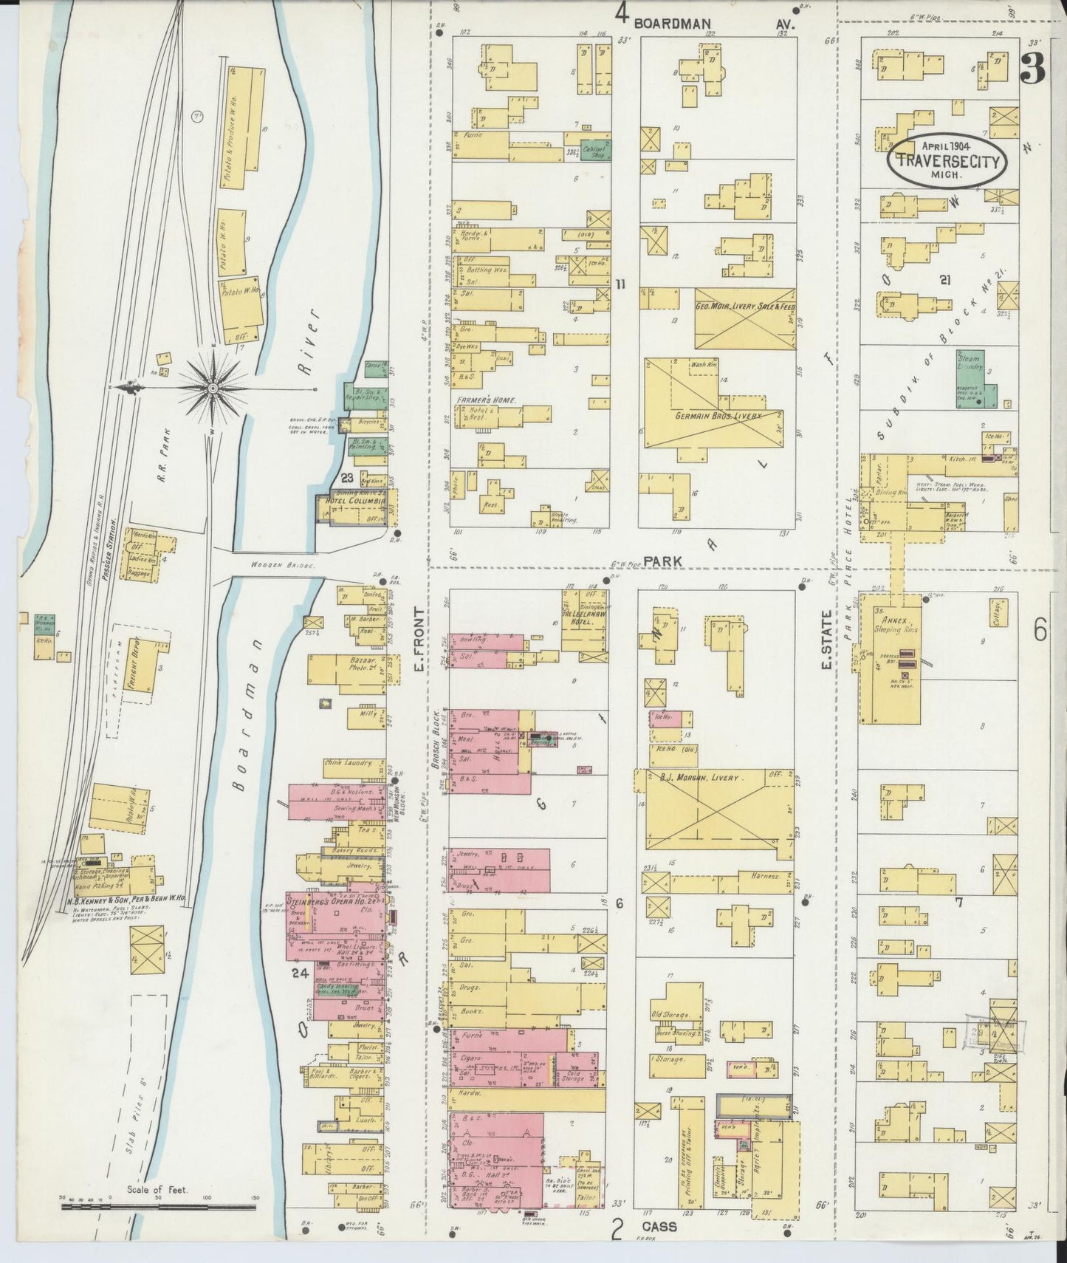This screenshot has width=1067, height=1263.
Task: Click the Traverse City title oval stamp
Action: (x=949, y=157)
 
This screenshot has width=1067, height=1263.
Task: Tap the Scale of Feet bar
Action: (x=158, y=1207)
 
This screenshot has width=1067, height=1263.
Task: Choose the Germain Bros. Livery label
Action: (x=718, y=417)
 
